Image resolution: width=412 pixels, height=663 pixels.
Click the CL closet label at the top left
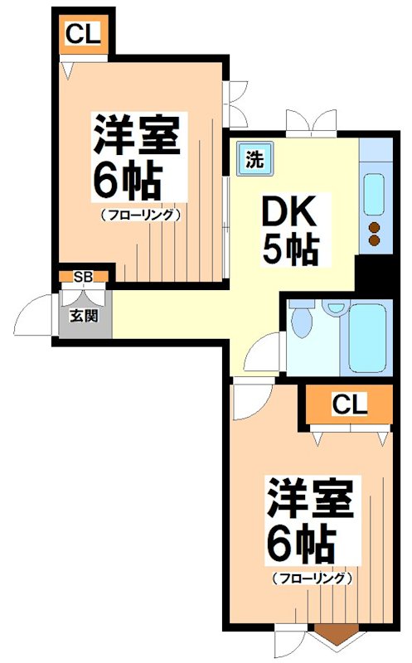[x=83, y=34]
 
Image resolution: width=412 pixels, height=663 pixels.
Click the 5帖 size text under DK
[x=290, y=248]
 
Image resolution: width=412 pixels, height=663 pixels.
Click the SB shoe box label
[x=83, y=277]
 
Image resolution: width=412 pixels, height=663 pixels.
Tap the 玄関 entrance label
[x=83, y=316]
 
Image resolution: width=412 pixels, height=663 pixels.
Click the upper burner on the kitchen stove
[x=374, y=228]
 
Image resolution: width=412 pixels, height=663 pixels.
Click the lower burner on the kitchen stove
[x=374, y=241]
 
